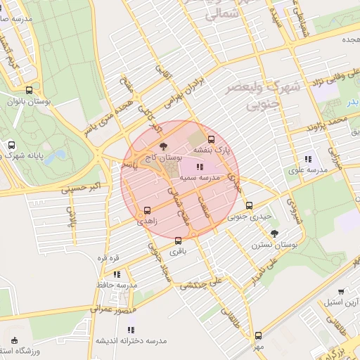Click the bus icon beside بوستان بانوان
point(29,90)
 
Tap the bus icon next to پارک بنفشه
point(212,138)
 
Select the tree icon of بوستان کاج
point(164,146)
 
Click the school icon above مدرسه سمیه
point(200,167)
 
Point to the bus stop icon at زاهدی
point(147,210)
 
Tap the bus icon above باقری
point(178,240)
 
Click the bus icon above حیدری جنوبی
point(250,205)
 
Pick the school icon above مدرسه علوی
point(307,159)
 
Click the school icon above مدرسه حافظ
point(116,274)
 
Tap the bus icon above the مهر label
point(258,335)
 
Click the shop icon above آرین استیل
point(341,292)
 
